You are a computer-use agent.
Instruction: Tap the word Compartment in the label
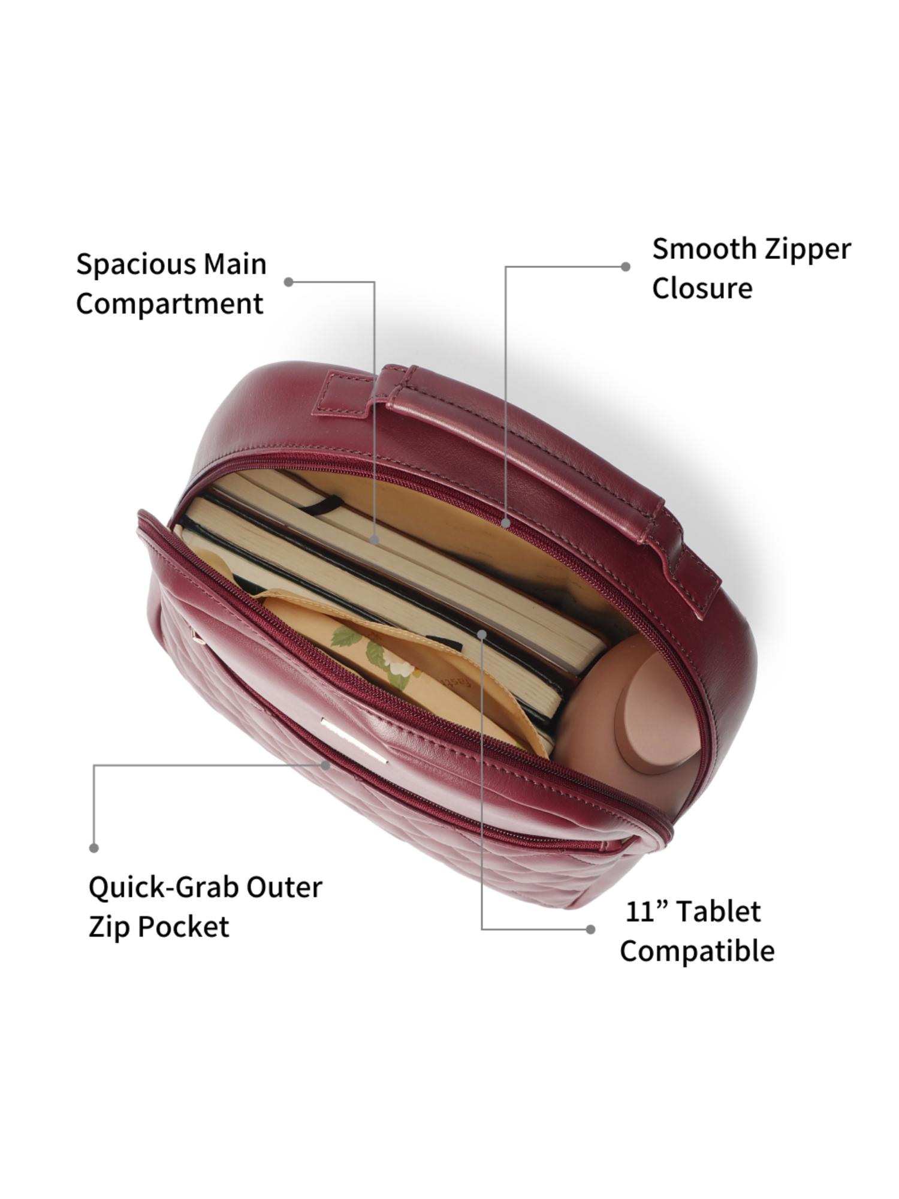tap(170, 303)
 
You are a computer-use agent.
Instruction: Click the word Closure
tap(702, 288)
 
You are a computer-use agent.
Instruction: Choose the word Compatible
tap(697, 951)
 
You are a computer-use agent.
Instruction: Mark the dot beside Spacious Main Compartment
tap(288, 282)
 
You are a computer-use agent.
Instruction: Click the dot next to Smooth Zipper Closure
tap(625, 267)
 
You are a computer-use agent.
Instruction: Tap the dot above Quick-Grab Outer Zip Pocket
tap(93, 848)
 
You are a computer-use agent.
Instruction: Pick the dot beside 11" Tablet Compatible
tap(590, 929)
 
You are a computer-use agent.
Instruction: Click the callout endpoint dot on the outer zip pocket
tap(325, 765)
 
